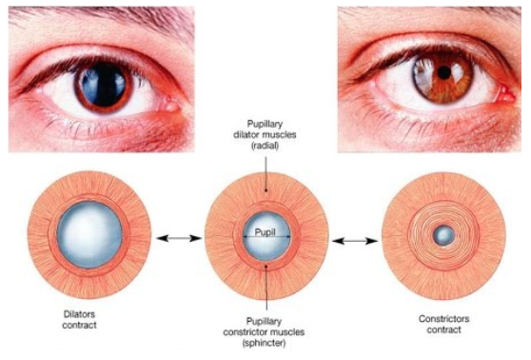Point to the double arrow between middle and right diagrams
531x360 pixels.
[354, 242]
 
